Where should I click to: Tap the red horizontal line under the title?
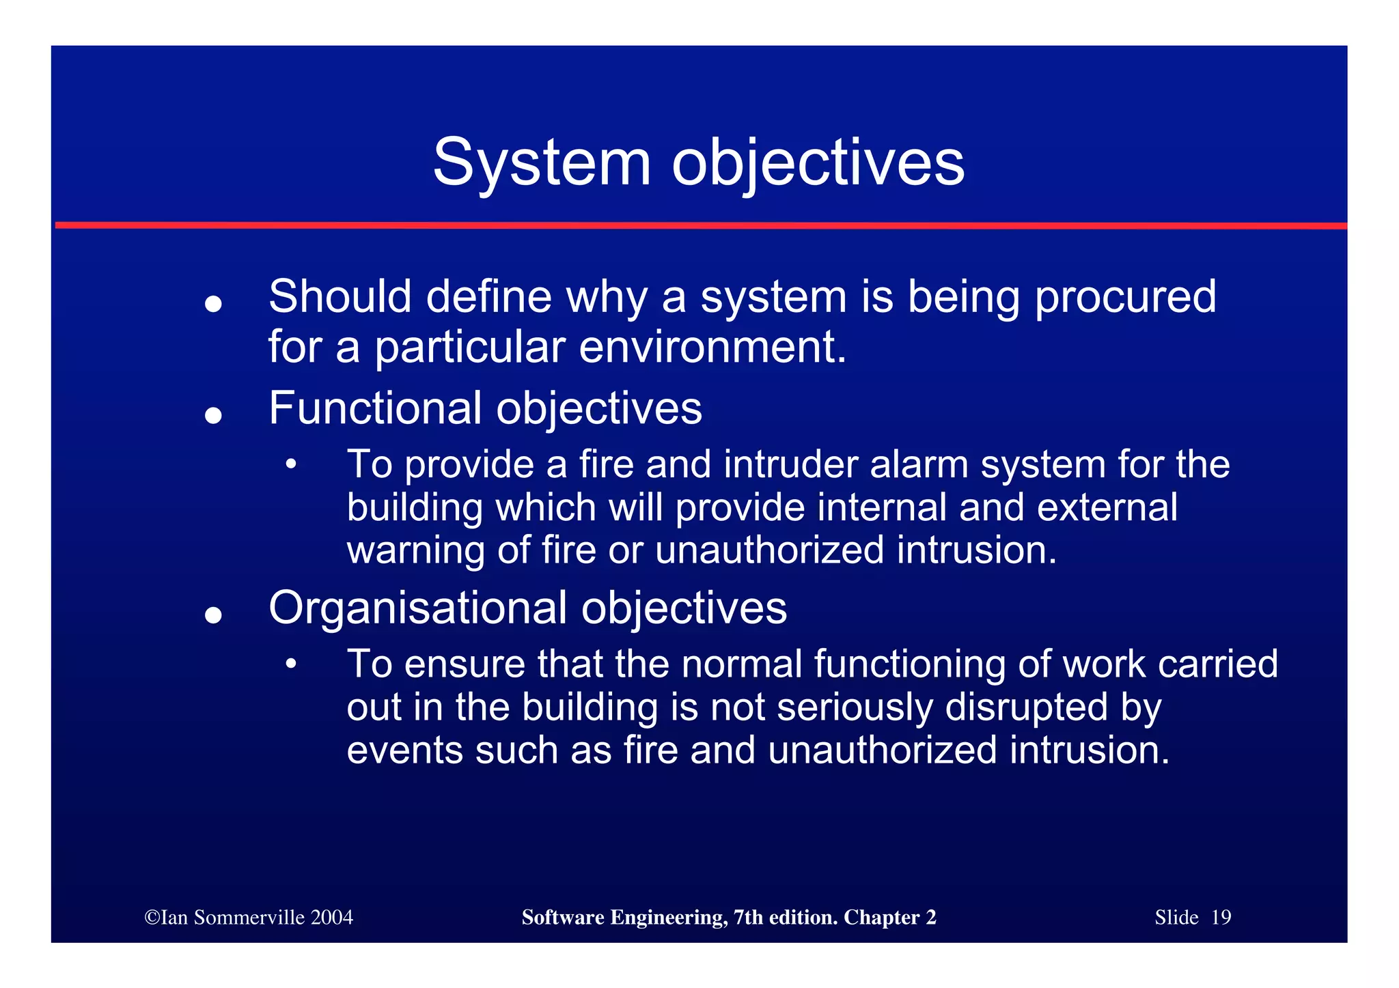(x=699, y=225)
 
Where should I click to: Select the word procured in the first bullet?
(x=1125, y=298)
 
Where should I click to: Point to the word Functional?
(x=375, y=408)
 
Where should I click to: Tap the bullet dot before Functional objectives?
(x=214, y=414)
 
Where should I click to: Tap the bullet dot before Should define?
(x=214, y=303)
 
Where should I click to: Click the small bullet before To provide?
(x=291, y=465)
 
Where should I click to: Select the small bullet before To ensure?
(x=291, y=664)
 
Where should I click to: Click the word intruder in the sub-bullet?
(x=790, y=465)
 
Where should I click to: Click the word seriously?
(x=855, y=707)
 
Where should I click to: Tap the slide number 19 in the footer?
(x=1221, y=918)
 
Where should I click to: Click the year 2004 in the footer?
(x=331, y=918)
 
